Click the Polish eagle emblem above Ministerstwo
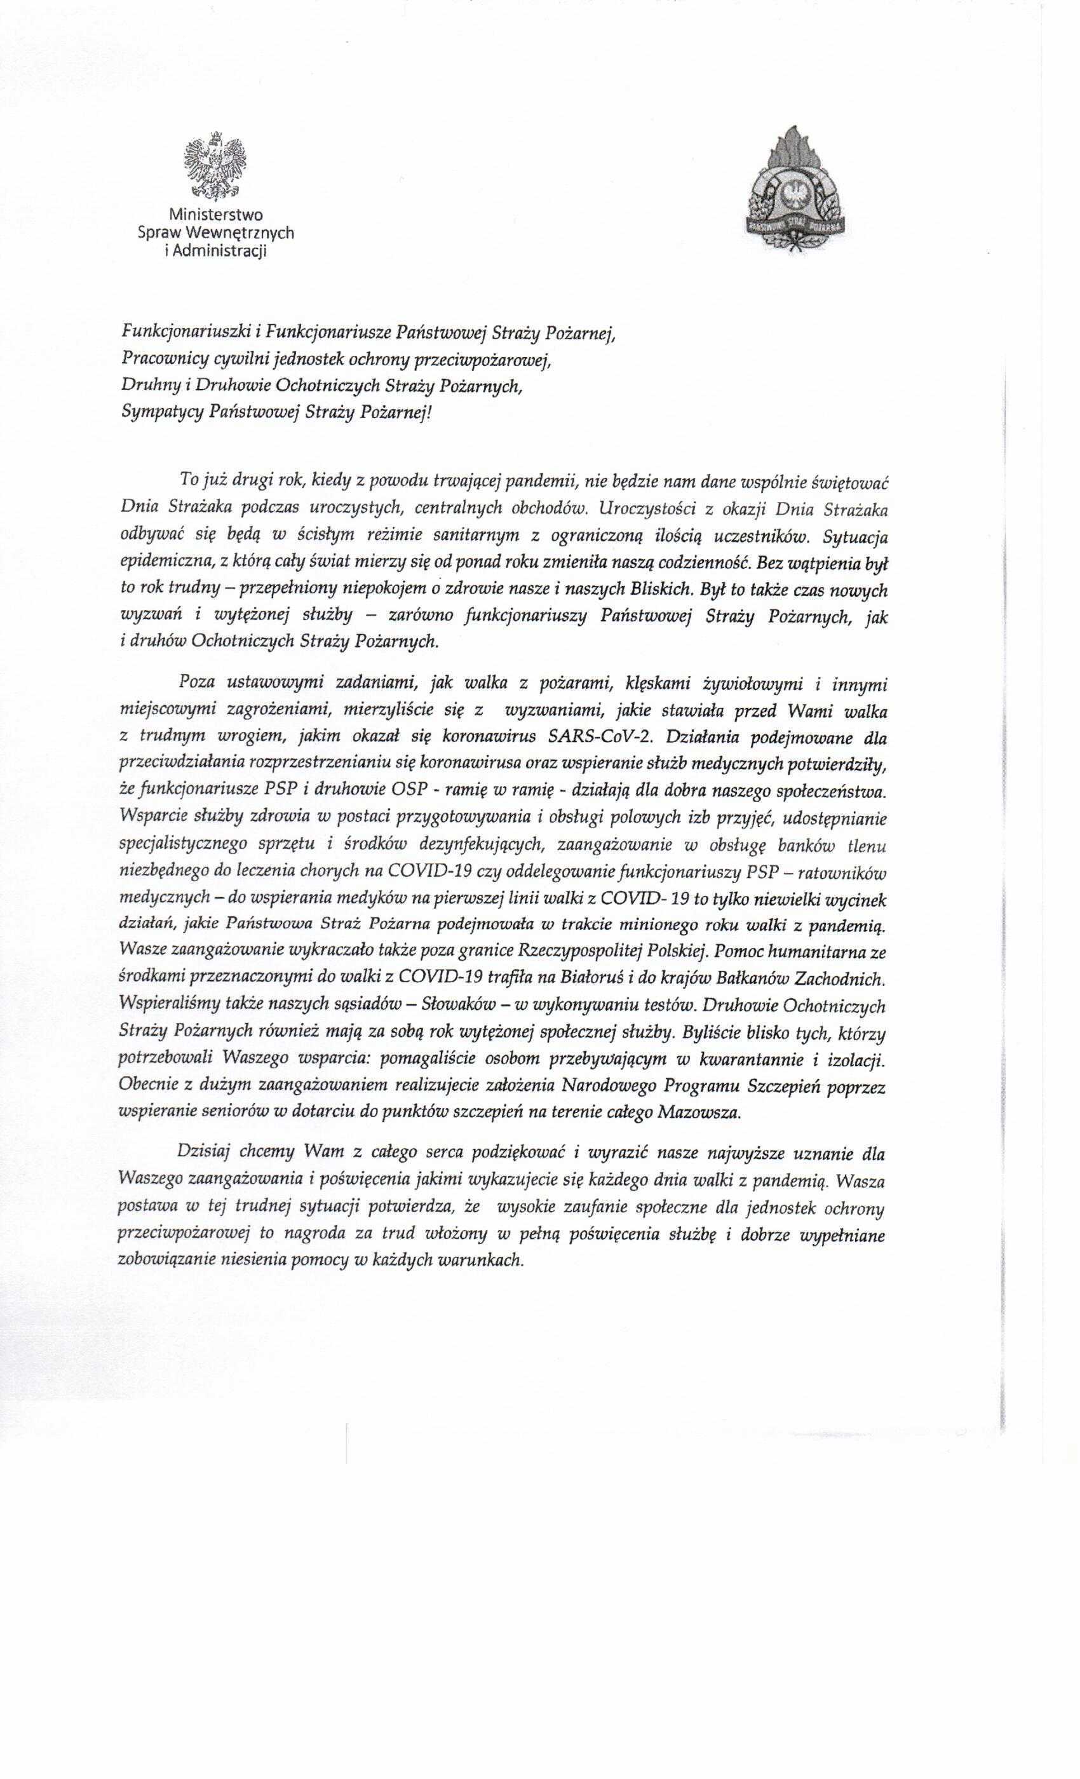point(216,165)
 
